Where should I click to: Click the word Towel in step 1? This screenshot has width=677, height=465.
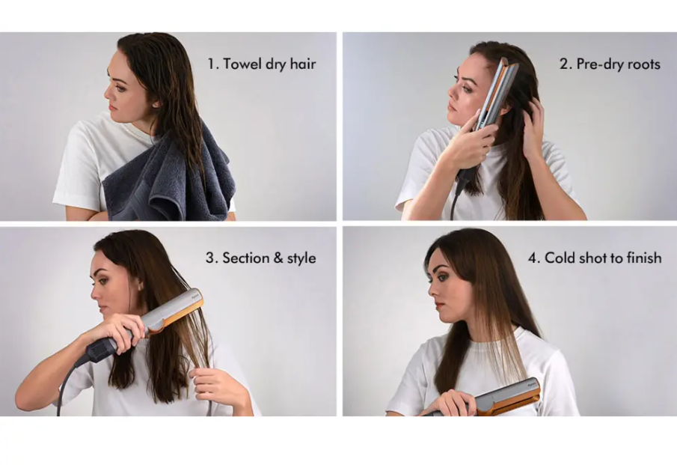click(x=242, y=64)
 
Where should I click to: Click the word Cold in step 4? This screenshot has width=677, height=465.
click(x=560, y=258)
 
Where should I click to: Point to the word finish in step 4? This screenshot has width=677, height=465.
click(x=645, y=258)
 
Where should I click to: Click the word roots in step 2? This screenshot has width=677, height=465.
click(x=644, y=65)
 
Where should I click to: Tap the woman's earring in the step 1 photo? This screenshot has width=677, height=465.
click(x=155, y=104)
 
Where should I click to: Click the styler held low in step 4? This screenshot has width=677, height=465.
click(x=492, y=400)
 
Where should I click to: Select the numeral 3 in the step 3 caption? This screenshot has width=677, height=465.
click(x=210, y=258)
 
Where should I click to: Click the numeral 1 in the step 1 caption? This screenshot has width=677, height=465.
click(x=211, y=64)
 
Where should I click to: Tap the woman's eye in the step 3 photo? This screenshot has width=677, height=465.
click(x=104, y=282)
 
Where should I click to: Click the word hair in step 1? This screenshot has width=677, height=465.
click(x=303, y=64)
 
